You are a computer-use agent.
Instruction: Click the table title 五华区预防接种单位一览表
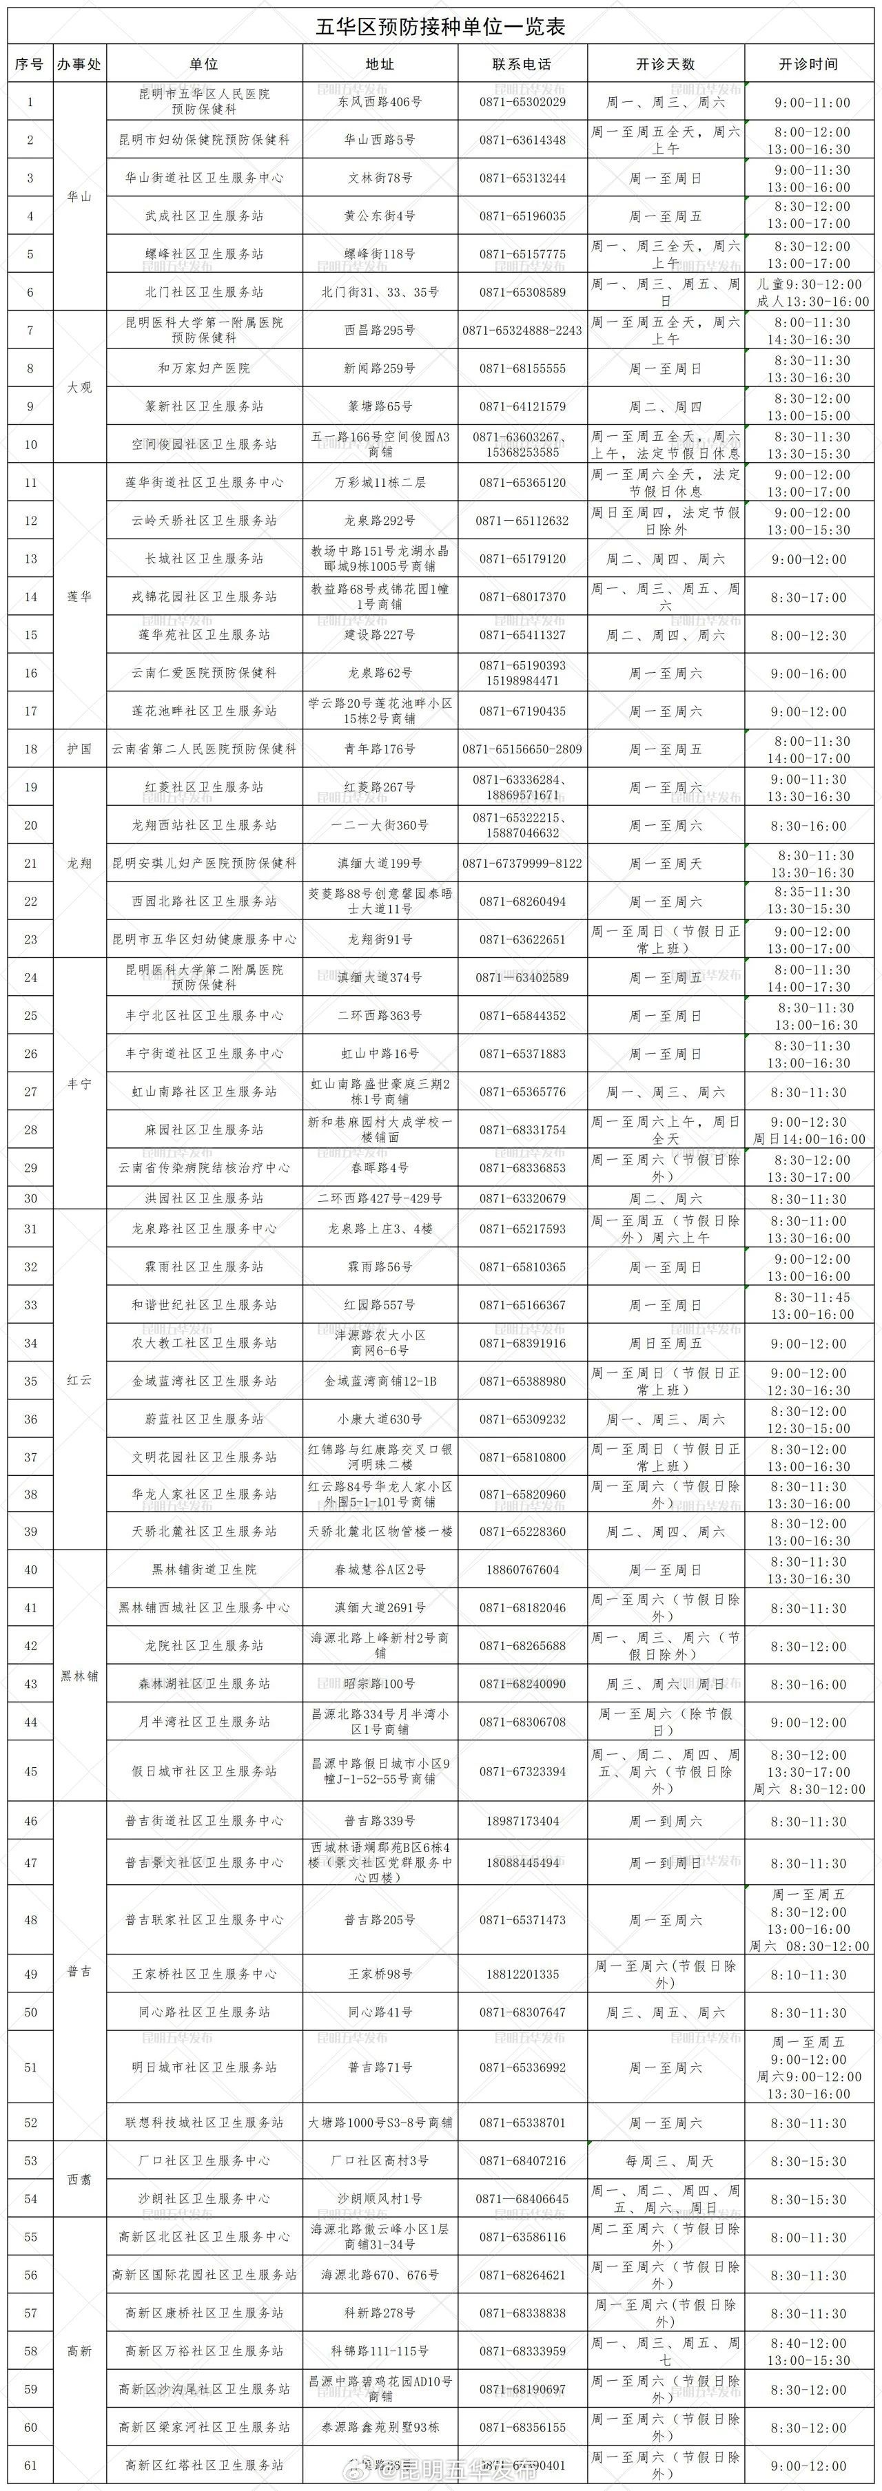[440, 27]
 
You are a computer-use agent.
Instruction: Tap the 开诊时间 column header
[808, 65]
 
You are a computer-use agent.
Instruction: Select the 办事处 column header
[79, 65]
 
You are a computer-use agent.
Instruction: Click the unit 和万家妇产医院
[204, 368]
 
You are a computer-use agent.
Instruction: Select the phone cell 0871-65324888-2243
[522, 331]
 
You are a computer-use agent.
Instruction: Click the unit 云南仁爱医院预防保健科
[204, 673]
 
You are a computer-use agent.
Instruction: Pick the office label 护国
[79, 749]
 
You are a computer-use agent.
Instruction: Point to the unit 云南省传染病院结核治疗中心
[204, 1168]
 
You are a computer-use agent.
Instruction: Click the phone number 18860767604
[522, 1570]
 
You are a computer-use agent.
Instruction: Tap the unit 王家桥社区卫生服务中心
[204, 1974]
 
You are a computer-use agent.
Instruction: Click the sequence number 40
[30, 1570]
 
